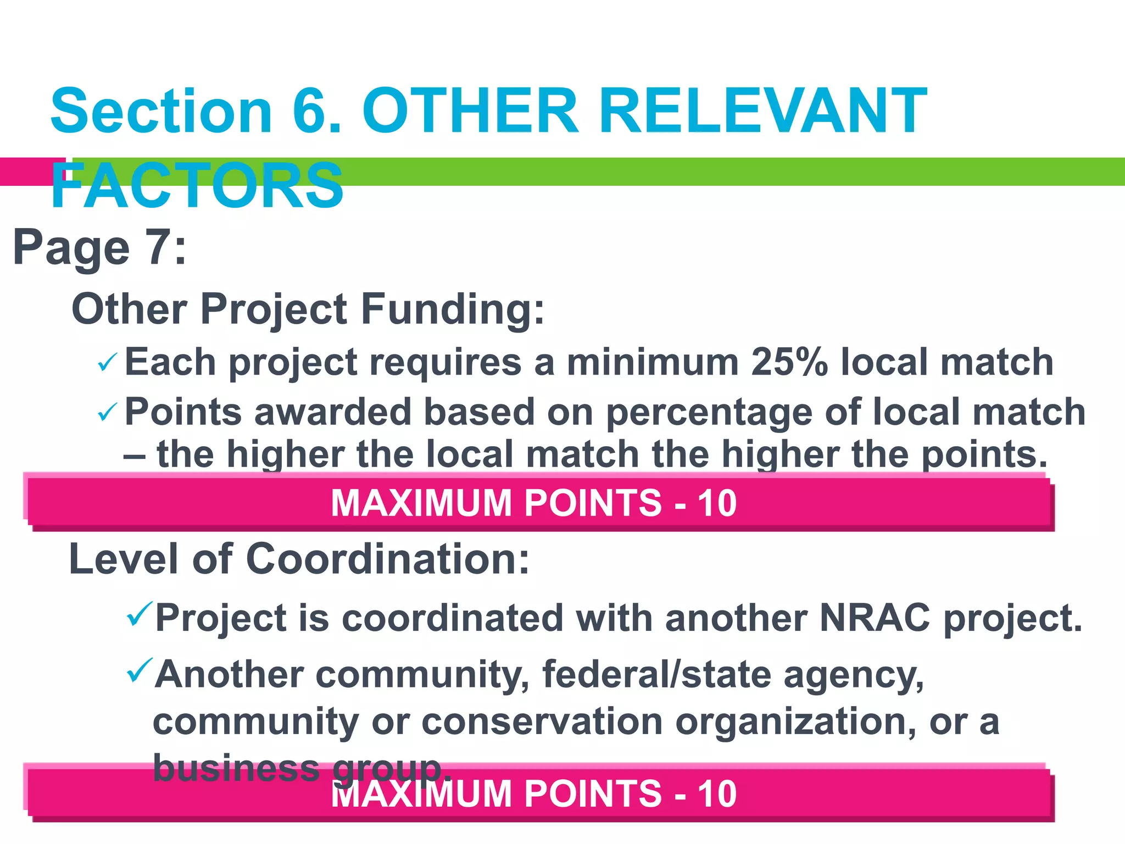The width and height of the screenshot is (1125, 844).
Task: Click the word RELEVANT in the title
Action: tap(762, 112)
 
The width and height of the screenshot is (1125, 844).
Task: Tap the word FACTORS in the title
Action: tap(197, 186)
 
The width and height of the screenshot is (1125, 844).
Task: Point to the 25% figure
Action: tap(789, 363)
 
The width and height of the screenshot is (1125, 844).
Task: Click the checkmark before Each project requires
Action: tap(107, 363)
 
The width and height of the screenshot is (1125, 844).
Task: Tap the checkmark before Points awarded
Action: tap(107, 412)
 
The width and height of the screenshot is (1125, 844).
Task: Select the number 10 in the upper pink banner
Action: tap(717, 503)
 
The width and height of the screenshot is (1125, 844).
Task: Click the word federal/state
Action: tap(656, 675)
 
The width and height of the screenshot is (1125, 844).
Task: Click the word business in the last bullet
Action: tap(236, 768)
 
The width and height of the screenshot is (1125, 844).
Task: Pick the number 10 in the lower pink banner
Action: tap(717, 795)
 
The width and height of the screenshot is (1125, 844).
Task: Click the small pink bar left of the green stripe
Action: tap(32, 171)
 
